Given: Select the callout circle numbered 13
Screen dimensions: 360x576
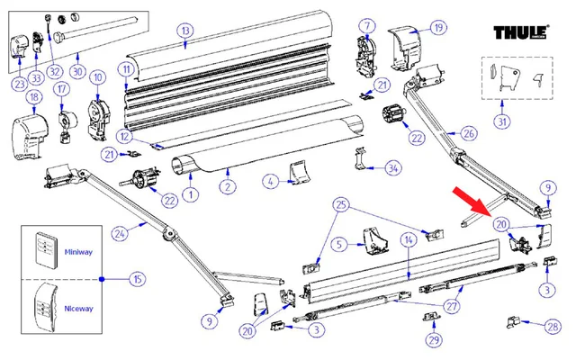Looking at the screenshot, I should pos(184,31).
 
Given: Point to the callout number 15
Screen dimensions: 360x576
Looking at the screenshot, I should pos(137,279).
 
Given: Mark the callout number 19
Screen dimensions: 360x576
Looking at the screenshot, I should pos(438,28).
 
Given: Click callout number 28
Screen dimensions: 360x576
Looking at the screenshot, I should pos(552,326).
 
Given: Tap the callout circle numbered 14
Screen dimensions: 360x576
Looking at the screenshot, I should pos(408,240).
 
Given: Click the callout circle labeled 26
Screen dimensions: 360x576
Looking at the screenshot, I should pos(469,133).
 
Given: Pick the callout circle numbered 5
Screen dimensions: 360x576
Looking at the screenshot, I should pos(339,243).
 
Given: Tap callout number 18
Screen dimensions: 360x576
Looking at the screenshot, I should pos(34,96).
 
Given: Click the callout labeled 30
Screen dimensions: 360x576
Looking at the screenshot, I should pos(77,68).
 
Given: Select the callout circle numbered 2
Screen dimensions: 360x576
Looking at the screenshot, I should pos(229,186).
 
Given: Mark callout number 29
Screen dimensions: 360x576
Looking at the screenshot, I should pos(436,338).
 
